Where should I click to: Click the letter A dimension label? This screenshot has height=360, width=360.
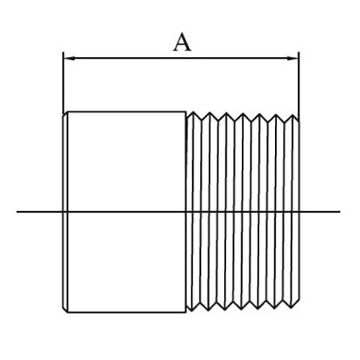click(182, 42)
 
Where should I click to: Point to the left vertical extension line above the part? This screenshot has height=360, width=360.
click(63, 83)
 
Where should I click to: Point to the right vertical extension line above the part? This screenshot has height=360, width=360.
click(299, 84)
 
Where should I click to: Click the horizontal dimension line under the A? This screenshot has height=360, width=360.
click(181, 58)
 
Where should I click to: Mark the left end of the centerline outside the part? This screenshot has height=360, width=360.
click(17, 212)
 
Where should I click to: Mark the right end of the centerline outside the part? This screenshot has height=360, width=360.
click(340, 212)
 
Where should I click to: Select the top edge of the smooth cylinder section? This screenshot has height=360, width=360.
click(127, 112)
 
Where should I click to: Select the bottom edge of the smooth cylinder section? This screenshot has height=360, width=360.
click(127, 312)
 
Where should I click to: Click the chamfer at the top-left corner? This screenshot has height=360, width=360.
click(65, 113)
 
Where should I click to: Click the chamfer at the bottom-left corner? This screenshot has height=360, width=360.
click(65, 310)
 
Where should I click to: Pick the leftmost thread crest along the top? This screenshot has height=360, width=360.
click(194, 112)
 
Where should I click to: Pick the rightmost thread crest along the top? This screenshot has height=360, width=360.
click(293, 115)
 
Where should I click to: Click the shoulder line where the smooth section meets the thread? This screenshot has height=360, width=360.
click(186, 212)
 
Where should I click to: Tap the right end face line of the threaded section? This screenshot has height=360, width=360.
click(299, 211)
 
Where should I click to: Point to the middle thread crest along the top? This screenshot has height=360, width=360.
click(243, 114)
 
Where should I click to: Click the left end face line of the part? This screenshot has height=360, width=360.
click(63, 212)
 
